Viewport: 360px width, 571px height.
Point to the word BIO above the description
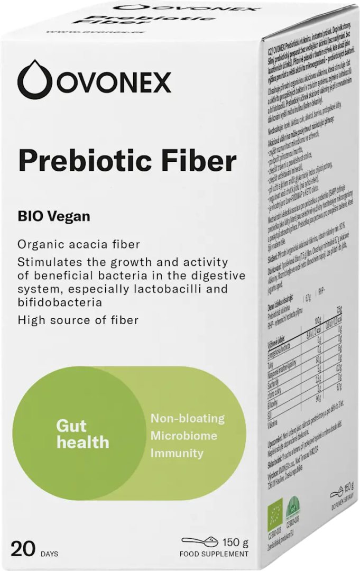coord(30,216)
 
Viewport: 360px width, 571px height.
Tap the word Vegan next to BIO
coord(70,216)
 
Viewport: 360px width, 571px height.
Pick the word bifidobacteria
coord(59,303)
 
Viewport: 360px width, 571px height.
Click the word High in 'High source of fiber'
coord(30,320)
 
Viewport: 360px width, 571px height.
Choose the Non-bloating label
coord(187,419)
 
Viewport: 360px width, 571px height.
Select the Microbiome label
coord(183,436)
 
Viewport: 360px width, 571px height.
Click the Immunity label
coord(177,453)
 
